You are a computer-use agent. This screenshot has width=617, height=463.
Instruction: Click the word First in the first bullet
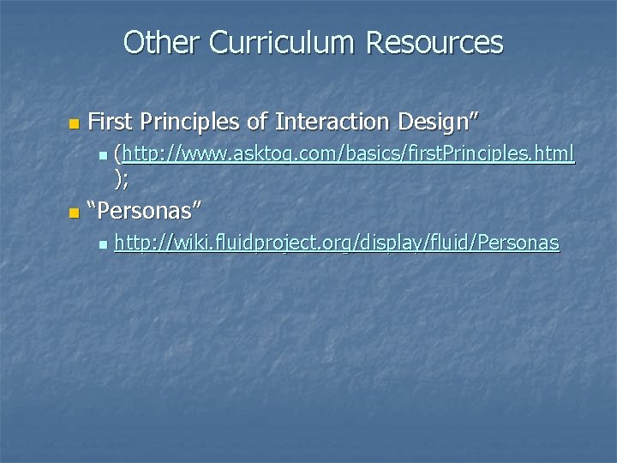click(x=111, y=122)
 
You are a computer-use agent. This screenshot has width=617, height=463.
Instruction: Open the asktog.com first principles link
click(x=348, y=155)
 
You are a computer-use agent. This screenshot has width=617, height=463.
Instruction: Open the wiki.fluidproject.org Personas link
click(x=337, y=244)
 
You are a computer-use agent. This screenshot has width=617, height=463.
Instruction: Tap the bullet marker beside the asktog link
click(x=103, y=157)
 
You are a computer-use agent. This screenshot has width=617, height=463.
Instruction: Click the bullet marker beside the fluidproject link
click(x=103, y=246)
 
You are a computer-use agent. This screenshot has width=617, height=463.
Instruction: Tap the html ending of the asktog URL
click(x=554, y=155)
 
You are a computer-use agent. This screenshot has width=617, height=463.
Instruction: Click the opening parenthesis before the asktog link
click(x=118, y=155)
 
